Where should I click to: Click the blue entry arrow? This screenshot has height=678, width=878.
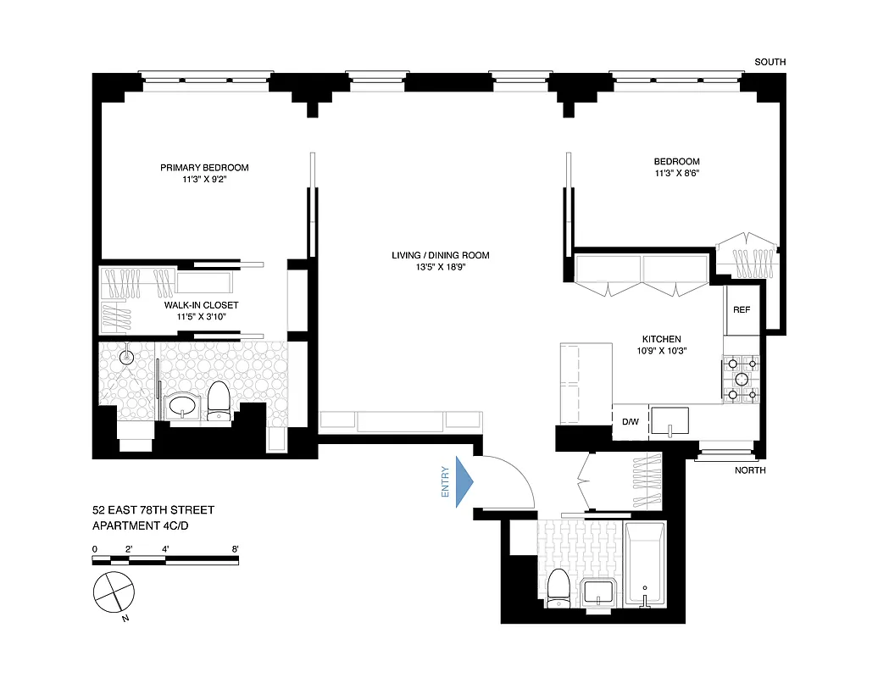[464, 482]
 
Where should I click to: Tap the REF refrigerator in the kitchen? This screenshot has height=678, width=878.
[742, 310]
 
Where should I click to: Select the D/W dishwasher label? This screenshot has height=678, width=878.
[631, 422]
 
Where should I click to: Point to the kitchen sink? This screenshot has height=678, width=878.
[670, 420]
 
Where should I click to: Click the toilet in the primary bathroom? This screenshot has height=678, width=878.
[219, 400]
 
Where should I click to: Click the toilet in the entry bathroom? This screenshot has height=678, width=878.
[558, 589]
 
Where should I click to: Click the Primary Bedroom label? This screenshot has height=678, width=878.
[204, 168]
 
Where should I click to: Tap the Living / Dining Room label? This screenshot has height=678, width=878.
[440, 255]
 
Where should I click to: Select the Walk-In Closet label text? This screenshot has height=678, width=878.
[201, 305]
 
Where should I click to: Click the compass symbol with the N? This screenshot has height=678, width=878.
[114, 592]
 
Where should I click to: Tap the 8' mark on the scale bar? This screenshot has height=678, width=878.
[235, 549]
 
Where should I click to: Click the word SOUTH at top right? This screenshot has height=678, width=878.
[771, 63]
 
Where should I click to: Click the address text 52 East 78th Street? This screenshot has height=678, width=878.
[153, 510]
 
